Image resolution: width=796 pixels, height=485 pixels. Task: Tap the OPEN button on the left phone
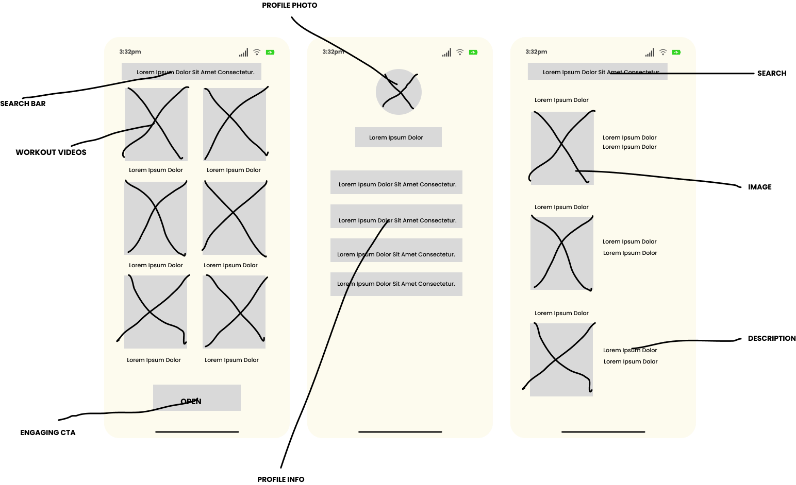(x=196, y=397)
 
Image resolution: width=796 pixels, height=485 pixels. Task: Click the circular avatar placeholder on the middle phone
(x=399, y=92)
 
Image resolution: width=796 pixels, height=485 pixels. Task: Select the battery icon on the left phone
(x=270, y=52)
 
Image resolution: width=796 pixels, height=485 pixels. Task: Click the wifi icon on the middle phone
(x=460, y=52)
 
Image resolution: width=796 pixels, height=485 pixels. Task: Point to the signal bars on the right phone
(x=650, y=53)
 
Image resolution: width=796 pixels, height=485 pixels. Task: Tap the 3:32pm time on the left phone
(x=130, y=51)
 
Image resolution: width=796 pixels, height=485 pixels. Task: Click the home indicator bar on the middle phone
(x=400, y=431)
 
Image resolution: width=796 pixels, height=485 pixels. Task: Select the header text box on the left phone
(x=191, y=72)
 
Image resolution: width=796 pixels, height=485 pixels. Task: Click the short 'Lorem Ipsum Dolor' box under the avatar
(x=398, y=137)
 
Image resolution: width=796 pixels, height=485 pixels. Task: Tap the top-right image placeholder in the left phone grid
(x=235, y=124)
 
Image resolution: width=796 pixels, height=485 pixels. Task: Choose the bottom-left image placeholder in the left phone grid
(x=156, y=311)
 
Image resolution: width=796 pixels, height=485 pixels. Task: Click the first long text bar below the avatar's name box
(x=396, y=182)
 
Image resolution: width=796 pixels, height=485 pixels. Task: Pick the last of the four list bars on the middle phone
(x=396, y=284)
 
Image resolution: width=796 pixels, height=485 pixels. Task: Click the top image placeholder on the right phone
(x=562, y=148)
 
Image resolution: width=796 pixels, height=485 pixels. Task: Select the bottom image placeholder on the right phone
(x=561, y=359)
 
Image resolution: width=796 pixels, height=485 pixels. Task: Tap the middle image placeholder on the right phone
(x=561, y=253)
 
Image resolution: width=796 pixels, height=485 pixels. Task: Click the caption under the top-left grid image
(x=156, y=170)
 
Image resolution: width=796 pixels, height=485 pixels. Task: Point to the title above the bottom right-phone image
(x=561, y=313)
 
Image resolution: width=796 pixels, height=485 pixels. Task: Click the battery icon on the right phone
(x=676, y=52)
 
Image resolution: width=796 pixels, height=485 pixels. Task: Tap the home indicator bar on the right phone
(x=603, y=431)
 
